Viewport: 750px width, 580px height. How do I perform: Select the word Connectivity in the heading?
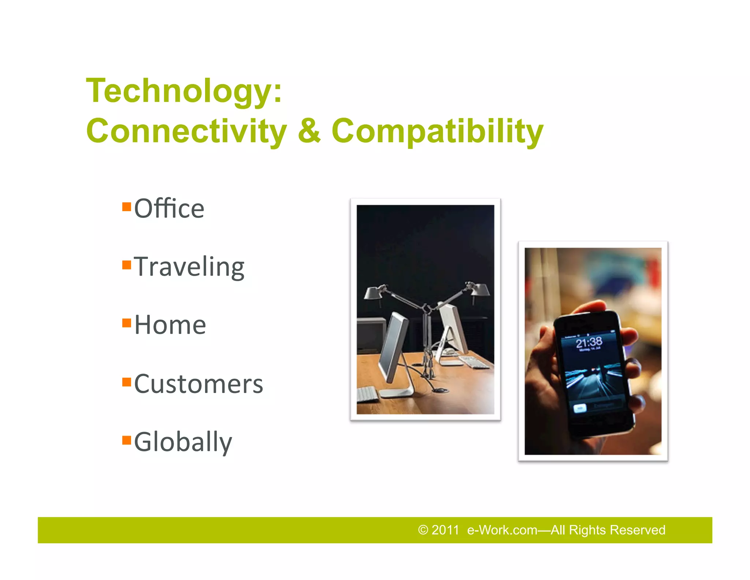pyautogui.click(x=186, y=131)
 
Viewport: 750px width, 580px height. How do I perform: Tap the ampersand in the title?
pyautogui.click(x=309, y=131)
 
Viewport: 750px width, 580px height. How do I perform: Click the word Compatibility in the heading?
pyautogui.click(x=437, y=131)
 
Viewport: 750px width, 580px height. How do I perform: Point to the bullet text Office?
pyautogui.click(x=169, y=209)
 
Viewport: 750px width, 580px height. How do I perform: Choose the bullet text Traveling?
pyautogui.click(x=189, y=267)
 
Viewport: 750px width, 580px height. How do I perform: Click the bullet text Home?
pyautogui.click(x=170, y=325)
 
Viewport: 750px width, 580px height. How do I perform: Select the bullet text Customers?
pyautogui.click(x=198, y=384)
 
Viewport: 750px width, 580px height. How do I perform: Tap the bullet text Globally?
pyautogui.click(x=183, y=442)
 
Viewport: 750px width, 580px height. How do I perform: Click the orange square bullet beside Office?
pyautogui.click(x=127, y=207)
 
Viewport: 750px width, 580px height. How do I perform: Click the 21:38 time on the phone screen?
pyautogui.click(x=589, y=343)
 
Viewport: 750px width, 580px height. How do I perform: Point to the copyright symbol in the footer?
pyautogui.click(x=423, y=530)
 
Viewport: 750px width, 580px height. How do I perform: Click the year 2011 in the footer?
pyautogui.click(x=445, y=530)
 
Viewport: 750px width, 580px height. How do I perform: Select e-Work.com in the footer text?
pyautogui.click(x=502, y=530)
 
